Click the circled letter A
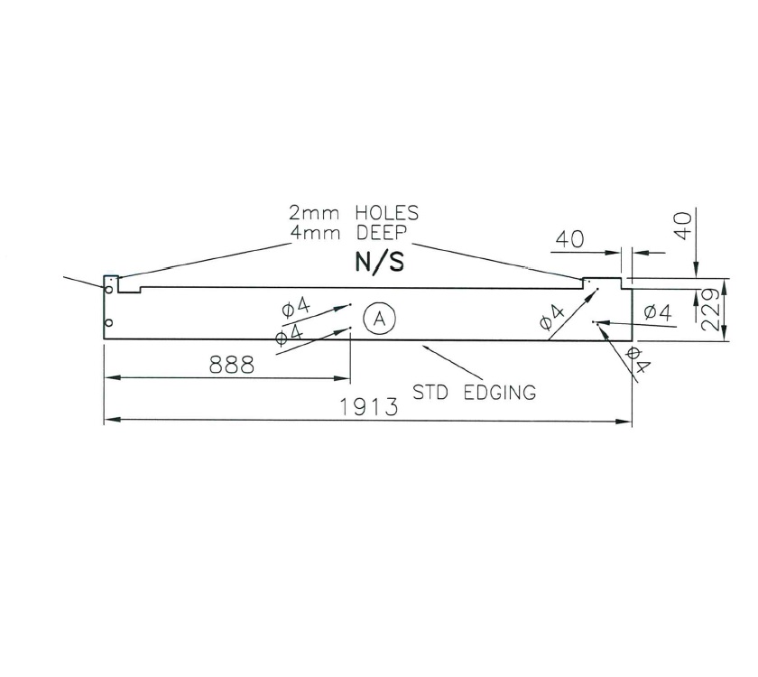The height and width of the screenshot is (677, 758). (380, 318)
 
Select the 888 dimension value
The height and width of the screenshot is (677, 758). (231, 366)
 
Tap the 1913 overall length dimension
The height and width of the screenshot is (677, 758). (369, 407)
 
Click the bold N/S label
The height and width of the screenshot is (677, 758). (377, 263)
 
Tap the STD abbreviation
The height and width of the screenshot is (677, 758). (432, 392)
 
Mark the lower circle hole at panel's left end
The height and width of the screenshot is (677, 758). (108, 322)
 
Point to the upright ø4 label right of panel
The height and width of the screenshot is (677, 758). (657, 312)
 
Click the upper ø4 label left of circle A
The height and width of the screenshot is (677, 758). (296, 308)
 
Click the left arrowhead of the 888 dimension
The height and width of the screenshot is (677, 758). (109, 378)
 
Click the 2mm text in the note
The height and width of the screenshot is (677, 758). (309, 214)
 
